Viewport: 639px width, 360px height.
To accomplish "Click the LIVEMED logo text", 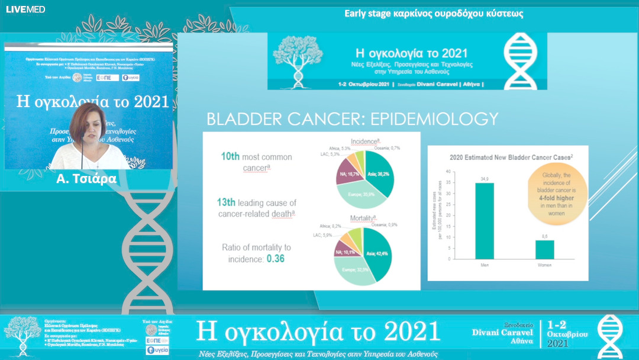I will [17, 9].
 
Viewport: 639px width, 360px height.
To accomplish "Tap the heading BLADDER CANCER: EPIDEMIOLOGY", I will [352, 119].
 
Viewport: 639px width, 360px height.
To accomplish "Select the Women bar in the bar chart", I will [545, 249].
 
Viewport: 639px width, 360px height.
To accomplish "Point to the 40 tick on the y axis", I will [447, 171].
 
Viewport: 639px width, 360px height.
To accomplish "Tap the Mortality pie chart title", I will [364, 218].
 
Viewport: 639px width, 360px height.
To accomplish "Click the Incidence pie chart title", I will [364, 142].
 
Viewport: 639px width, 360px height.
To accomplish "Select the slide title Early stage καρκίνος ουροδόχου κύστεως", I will [434, 13].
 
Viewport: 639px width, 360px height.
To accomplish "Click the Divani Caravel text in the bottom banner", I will [505, 333].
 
